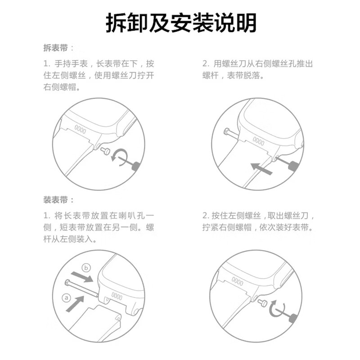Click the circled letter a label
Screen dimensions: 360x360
[x=67, y=297]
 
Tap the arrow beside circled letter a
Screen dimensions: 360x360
[x=76, y=304]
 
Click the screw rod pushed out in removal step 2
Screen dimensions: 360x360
[x=230, y=133]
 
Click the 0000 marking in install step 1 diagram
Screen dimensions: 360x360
[x=117, y=297]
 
